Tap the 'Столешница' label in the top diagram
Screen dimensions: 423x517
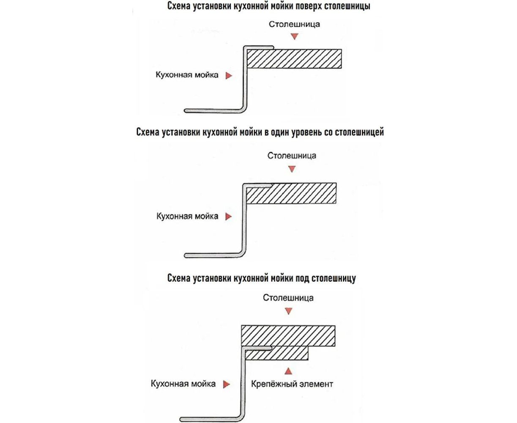(x=294, y=24)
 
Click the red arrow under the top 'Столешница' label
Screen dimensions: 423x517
(x=294, y=37)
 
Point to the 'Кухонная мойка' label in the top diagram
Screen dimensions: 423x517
(x=187, y=75)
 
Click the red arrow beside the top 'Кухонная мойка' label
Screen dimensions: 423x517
(x=229, y=76)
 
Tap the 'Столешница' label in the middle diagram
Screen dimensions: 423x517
(x=292, y=155)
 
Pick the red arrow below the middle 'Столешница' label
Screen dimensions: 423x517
(x=291, y=169)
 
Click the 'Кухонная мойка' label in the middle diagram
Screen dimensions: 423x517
(x=187, y=216)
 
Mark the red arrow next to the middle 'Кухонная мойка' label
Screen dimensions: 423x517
(x=229, y=217)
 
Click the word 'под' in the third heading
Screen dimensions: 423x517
(x=302, y=278)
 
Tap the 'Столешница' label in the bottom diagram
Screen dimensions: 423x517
(x=288, y=297)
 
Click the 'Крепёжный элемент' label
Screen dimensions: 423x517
(x=292, y=384)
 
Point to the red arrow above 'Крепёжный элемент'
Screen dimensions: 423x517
(x=288, y=371)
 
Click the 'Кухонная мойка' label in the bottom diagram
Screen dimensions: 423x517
(x=183, y=384)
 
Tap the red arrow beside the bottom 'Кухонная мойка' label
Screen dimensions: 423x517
(x=227, y=384)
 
